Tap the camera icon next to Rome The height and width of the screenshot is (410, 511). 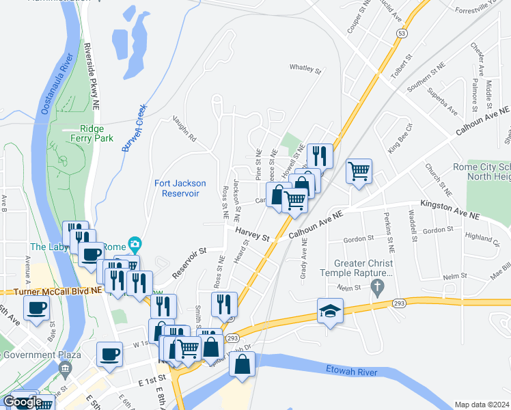135,245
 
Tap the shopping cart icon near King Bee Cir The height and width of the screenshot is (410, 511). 359,171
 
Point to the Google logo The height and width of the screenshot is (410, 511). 23,402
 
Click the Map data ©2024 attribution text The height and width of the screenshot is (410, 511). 481,405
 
